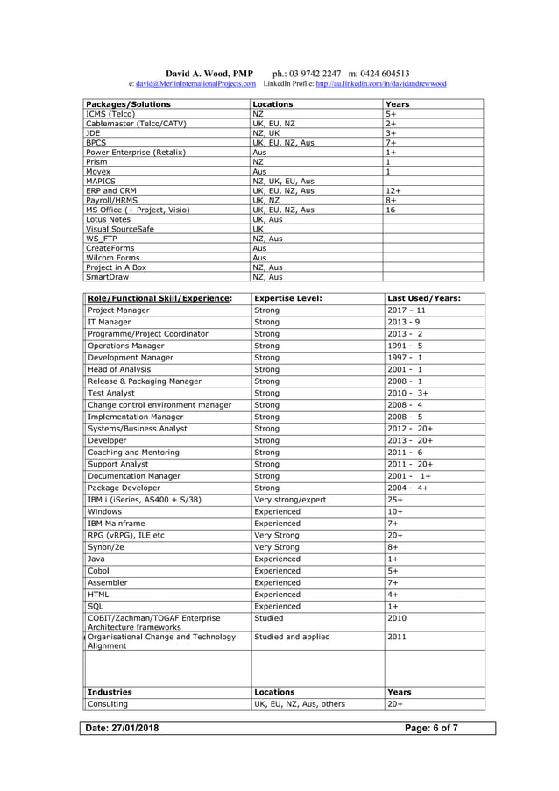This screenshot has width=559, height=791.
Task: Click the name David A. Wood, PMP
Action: click(209, 74)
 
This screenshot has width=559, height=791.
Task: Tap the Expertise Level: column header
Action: click(287, 298)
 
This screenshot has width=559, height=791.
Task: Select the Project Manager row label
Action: click(119, 310)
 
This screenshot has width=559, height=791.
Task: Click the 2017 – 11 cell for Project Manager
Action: click(407, 310)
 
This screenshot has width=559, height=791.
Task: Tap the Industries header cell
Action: click(110, 692)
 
